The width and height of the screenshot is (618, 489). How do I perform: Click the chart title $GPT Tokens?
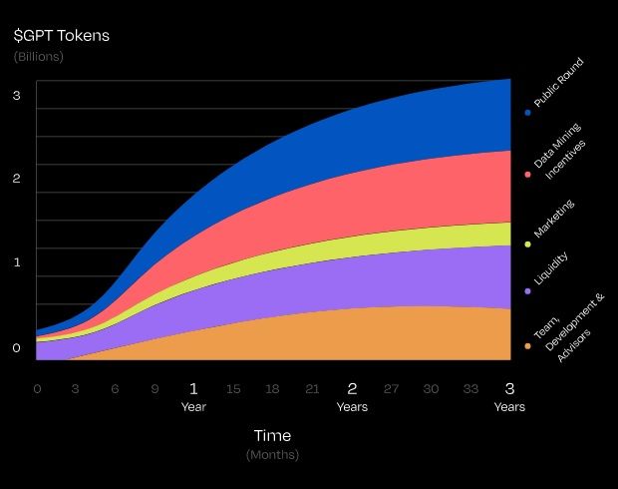pos(62,36)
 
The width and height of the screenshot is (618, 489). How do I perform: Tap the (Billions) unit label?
pos(39,57)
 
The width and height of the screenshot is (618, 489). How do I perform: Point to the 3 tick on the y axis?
pos(17,96)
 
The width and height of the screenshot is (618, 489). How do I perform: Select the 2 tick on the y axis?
pos(17,179)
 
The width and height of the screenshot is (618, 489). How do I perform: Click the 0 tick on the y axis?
pos(17,348)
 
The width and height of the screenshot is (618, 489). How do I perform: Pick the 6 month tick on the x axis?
pos(115,388)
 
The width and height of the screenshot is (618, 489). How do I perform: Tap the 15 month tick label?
pos(233,388)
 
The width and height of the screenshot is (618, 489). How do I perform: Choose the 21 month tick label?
pos(312,388)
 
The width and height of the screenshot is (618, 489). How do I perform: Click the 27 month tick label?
pos(391,388)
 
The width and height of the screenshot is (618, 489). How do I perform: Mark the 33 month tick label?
pos(469,388)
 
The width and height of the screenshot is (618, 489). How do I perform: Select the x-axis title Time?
pos(272,435)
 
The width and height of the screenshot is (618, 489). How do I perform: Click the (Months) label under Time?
pos(272,455)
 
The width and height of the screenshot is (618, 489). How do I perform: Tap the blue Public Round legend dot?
pos(527,112)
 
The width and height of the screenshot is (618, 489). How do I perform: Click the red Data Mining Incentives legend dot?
pos(527,175)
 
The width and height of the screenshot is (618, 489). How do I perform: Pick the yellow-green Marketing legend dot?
pos(527,244)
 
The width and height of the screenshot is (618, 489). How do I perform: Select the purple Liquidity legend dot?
pos(527,291)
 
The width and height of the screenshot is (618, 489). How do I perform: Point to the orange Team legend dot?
pos(527,346)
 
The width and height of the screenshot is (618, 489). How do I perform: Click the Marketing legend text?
pos(554,220)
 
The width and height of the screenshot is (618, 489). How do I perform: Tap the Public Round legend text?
pos(558,83)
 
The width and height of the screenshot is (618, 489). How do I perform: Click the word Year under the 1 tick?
pos(193,407)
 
